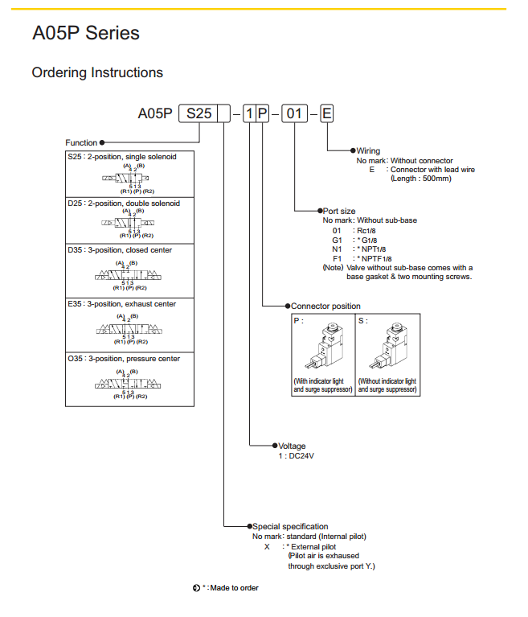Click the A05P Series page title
coord(86,34)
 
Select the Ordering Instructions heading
coord(97,72)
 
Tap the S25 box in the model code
coord(199,113)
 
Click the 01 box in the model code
coord(295,113)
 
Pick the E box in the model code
coord(326,113)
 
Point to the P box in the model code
coord(263,113)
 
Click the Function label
coord(81,142)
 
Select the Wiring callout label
coord(368,150)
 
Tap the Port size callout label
coord(339,210)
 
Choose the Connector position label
coord(325,306)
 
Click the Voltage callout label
coord(292,446)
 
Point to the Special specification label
coord(291,526)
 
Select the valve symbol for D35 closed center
coord(128,276)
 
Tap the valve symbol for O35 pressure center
coord(128,385)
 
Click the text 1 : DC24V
coord(295,456)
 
